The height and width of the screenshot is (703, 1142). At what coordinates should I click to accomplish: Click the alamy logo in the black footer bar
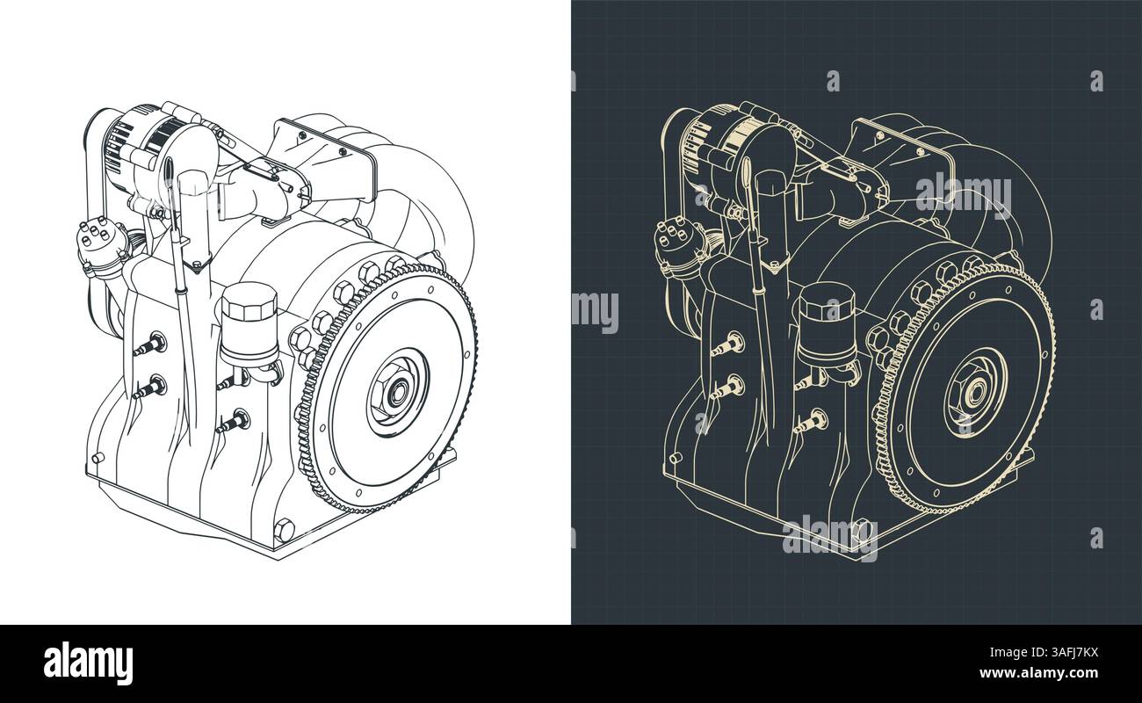[88, 663]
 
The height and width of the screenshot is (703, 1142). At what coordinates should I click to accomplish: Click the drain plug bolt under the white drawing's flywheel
[283, 529]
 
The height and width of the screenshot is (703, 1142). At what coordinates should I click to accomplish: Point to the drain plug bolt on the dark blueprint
[861, 529]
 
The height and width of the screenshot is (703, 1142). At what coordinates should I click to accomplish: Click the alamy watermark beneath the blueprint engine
[829, 538]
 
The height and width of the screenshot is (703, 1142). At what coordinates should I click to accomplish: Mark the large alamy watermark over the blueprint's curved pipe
[963, 195]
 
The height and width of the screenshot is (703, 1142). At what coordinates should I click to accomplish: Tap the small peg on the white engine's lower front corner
[96, 458]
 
